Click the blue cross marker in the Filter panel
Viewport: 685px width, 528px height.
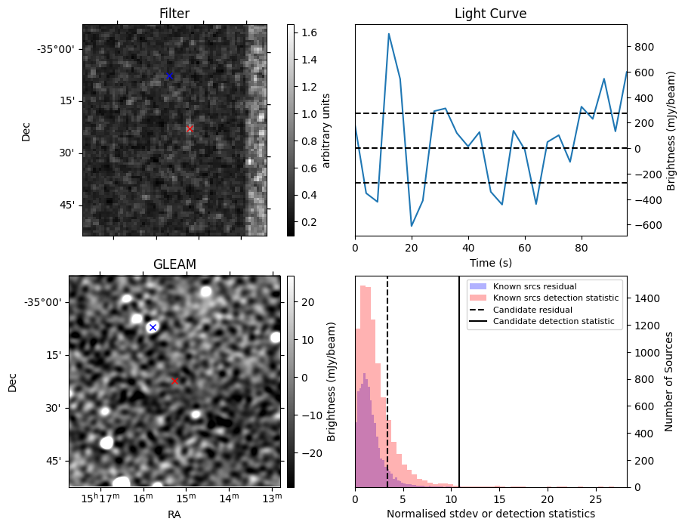tap(170, 76)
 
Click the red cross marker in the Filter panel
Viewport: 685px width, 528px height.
tap(190, 129)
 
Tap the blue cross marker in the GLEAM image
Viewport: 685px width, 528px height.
tap(153, 327)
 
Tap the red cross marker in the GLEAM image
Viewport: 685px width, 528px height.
tap(174, 381)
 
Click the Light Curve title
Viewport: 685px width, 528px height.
tap(490, 14)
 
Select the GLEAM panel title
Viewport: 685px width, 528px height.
tap(174, 264)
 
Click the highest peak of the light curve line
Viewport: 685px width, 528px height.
tap(389, 34)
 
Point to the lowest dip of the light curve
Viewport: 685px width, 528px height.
tap(412, 226)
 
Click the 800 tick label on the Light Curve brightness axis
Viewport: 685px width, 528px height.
tap(643, 46)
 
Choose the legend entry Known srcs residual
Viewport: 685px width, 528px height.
tap(535, 287)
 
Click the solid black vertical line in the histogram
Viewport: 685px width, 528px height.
tap(459, 393)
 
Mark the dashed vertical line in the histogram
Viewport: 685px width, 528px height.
tap(387, 393)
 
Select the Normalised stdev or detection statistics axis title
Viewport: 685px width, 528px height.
tap(490, 514)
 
